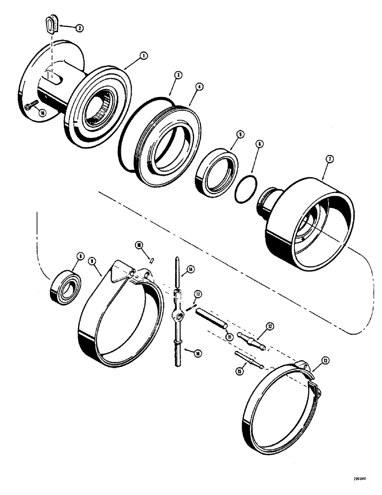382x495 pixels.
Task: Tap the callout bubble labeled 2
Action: pyautogui.click(x=79, y=29)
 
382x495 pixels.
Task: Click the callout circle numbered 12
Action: pyautogui.click(x=283, y=326)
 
